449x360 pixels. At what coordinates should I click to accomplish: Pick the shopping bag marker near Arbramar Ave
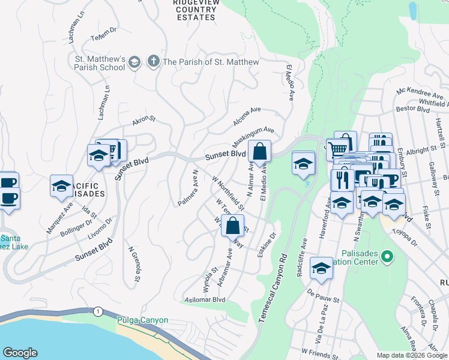click(232, 227)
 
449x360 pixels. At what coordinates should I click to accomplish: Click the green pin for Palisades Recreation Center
click(387, 257)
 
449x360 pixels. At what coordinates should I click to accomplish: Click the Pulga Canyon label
click(143, 320)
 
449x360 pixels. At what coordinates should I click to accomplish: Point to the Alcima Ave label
click(247, 116)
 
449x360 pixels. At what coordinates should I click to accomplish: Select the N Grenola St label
click(134, 263)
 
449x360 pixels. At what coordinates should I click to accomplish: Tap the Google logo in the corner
click(20, 353)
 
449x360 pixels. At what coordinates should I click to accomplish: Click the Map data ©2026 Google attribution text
click(411, 355)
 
